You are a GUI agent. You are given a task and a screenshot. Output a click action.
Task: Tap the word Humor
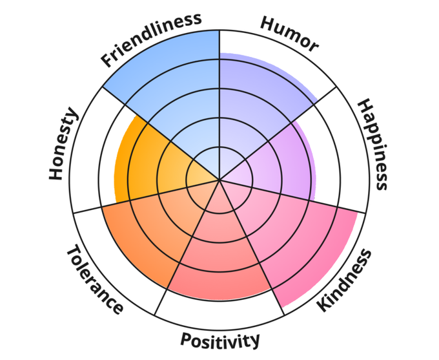[289, 34]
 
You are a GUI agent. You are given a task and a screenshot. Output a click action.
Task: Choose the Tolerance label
[94, 280]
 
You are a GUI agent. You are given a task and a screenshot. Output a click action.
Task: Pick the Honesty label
[63, 145]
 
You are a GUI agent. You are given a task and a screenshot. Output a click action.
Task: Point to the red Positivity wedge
[219, 259]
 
